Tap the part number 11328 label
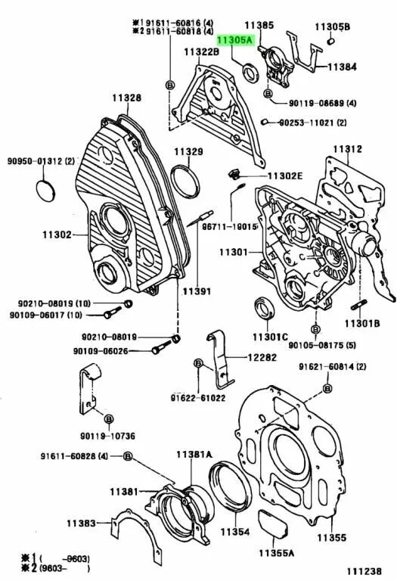point(127,98)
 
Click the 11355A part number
point(278,551)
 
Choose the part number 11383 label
point(80,523)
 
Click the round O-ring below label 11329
point(184,180)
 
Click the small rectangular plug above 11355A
point(272,523)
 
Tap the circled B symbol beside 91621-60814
point(327,388)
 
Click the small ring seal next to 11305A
point(248,73)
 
